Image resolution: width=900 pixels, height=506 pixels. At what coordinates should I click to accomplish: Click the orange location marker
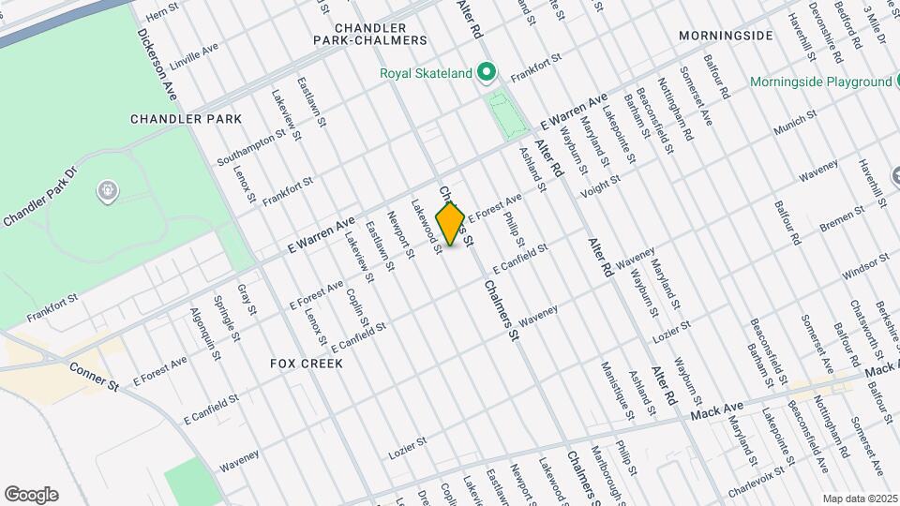(x=451, y=223)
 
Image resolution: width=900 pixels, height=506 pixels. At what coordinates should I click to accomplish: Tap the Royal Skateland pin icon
(x=486, y=72)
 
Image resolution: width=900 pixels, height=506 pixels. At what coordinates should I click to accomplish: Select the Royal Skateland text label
(x=426, y=73)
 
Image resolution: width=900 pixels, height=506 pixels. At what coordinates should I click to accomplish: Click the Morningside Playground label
(x=820, y=82)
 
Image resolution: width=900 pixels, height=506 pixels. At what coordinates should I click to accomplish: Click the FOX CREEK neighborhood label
(x=307, y=363)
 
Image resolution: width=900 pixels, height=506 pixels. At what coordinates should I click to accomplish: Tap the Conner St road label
(x=93, y=374)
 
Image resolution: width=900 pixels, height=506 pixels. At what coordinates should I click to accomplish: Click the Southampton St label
(x=247, y=142)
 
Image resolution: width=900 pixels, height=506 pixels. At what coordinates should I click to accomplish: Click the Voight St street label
(x=600, y=186)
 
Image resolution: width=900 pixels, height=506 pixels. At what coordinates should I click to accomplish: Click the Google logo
(x=31, y=494)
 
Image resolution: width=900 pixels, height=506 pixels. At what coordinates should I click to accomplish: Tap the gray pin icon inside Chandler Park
(x=108, y=192)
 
